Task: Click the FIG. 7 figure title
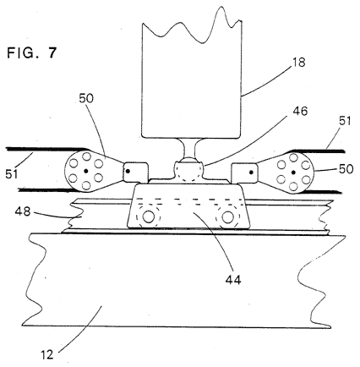pos(32,52)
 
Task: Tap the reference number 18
pos(299,63)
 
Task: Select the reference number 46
pos(300,111)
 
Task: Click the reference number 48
pos(23,211)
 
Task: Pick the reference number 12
pos(46,354)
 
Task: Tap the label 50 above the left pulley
pos(86,98)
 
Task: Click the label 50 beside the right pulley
pos(346,169)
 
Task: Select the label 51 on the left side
pos(11,174)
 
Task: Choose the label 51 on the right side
pos(345,121)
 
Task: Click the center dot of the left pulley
pos(86,171)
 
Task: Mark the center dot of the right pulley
pos(293,172)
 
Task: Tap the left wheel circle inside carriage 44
pos(148,216)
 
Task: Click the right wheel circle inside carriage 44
pos(227,216)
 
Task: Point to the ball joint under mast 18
pos(188,169)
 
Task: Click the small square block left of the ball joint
pos(136,172)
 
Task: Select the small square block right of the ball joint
pos(244,173)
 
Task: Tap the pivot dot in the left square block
pos(128,171)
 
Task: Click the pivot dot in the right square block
pos(251,172)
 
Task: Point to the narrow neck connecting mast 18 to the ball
pos(188,148)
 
